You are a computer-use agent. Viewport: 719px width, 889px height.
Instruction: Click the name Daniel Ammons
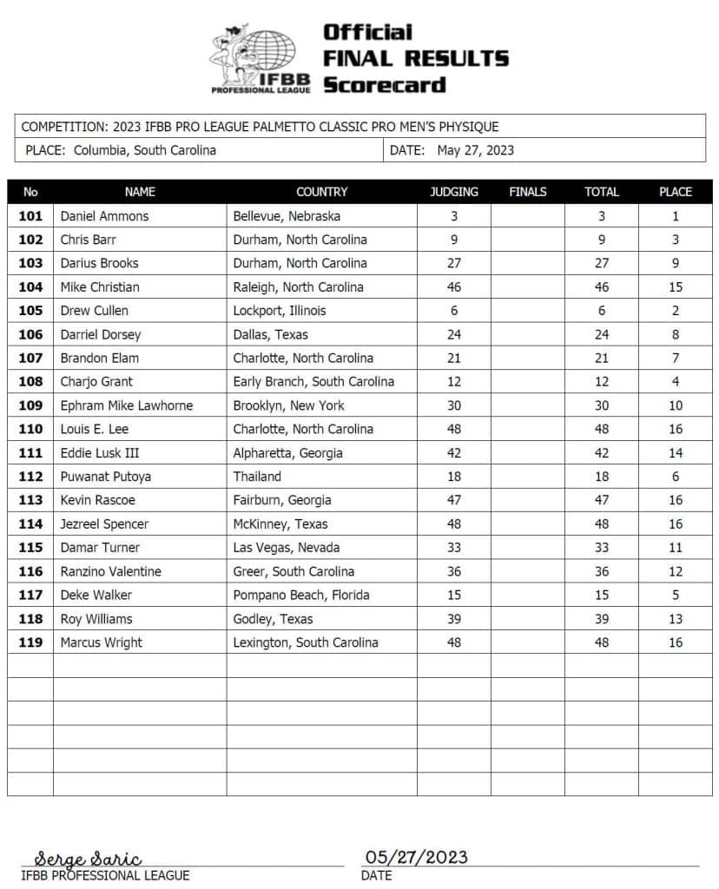click(x=104, y=216)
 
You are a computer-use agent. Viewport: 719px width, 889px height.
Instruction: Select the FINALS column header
click(x=527, y=192)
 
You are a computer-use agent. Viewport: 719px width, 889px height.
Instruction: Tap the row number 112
click(x=30, y=477)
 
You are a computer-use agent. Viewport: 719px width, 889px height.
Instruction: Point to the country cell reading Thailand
click(x=257, y=477)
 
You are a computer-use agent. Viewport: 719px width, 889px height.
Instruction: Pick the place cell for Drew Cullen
click(x=676, y=311)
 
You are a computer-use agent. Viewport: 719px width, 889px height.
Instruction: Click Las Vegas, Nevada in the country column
click(x=286, y=548)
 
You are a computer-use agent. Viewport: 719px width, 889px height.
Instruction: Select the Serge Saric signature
click(x=88, y=859)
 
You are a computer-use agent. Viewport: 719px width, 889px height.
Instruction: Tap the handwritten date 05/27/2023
click(x=417, y=857)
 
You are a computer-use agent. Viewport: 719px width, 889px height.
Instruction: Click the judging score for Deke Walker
click(x=453, y=596)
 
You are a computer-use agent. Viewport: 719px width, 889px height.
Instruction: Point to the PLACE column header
click(x=676, y=192)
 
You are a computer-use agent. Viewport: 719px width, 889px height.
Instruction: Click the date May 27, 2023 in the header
click(x=475, y=150)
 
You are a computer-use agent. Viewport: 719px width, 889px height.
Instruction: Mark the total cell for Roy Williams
click(x=601, y=619)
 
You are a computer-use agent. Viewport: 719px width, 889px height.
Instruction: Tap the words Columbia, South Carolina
click(x=144, y=150)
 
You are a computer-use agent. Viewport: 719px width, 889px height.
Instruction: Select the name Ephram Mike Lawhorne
click(x=127, y=405)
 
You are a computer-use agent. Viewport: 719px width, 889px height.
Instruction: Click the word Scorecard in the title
click(x=384, y=85)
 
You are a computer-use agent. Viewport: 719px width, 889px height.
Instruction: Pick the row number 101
click(x=30, y=216)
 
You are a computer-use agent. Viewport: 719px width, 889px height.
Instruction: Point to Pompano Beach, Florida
click(x=301, y=596)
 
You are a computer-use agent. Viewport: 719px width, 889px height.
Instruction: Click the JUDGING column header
click(x=453, y=192)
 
